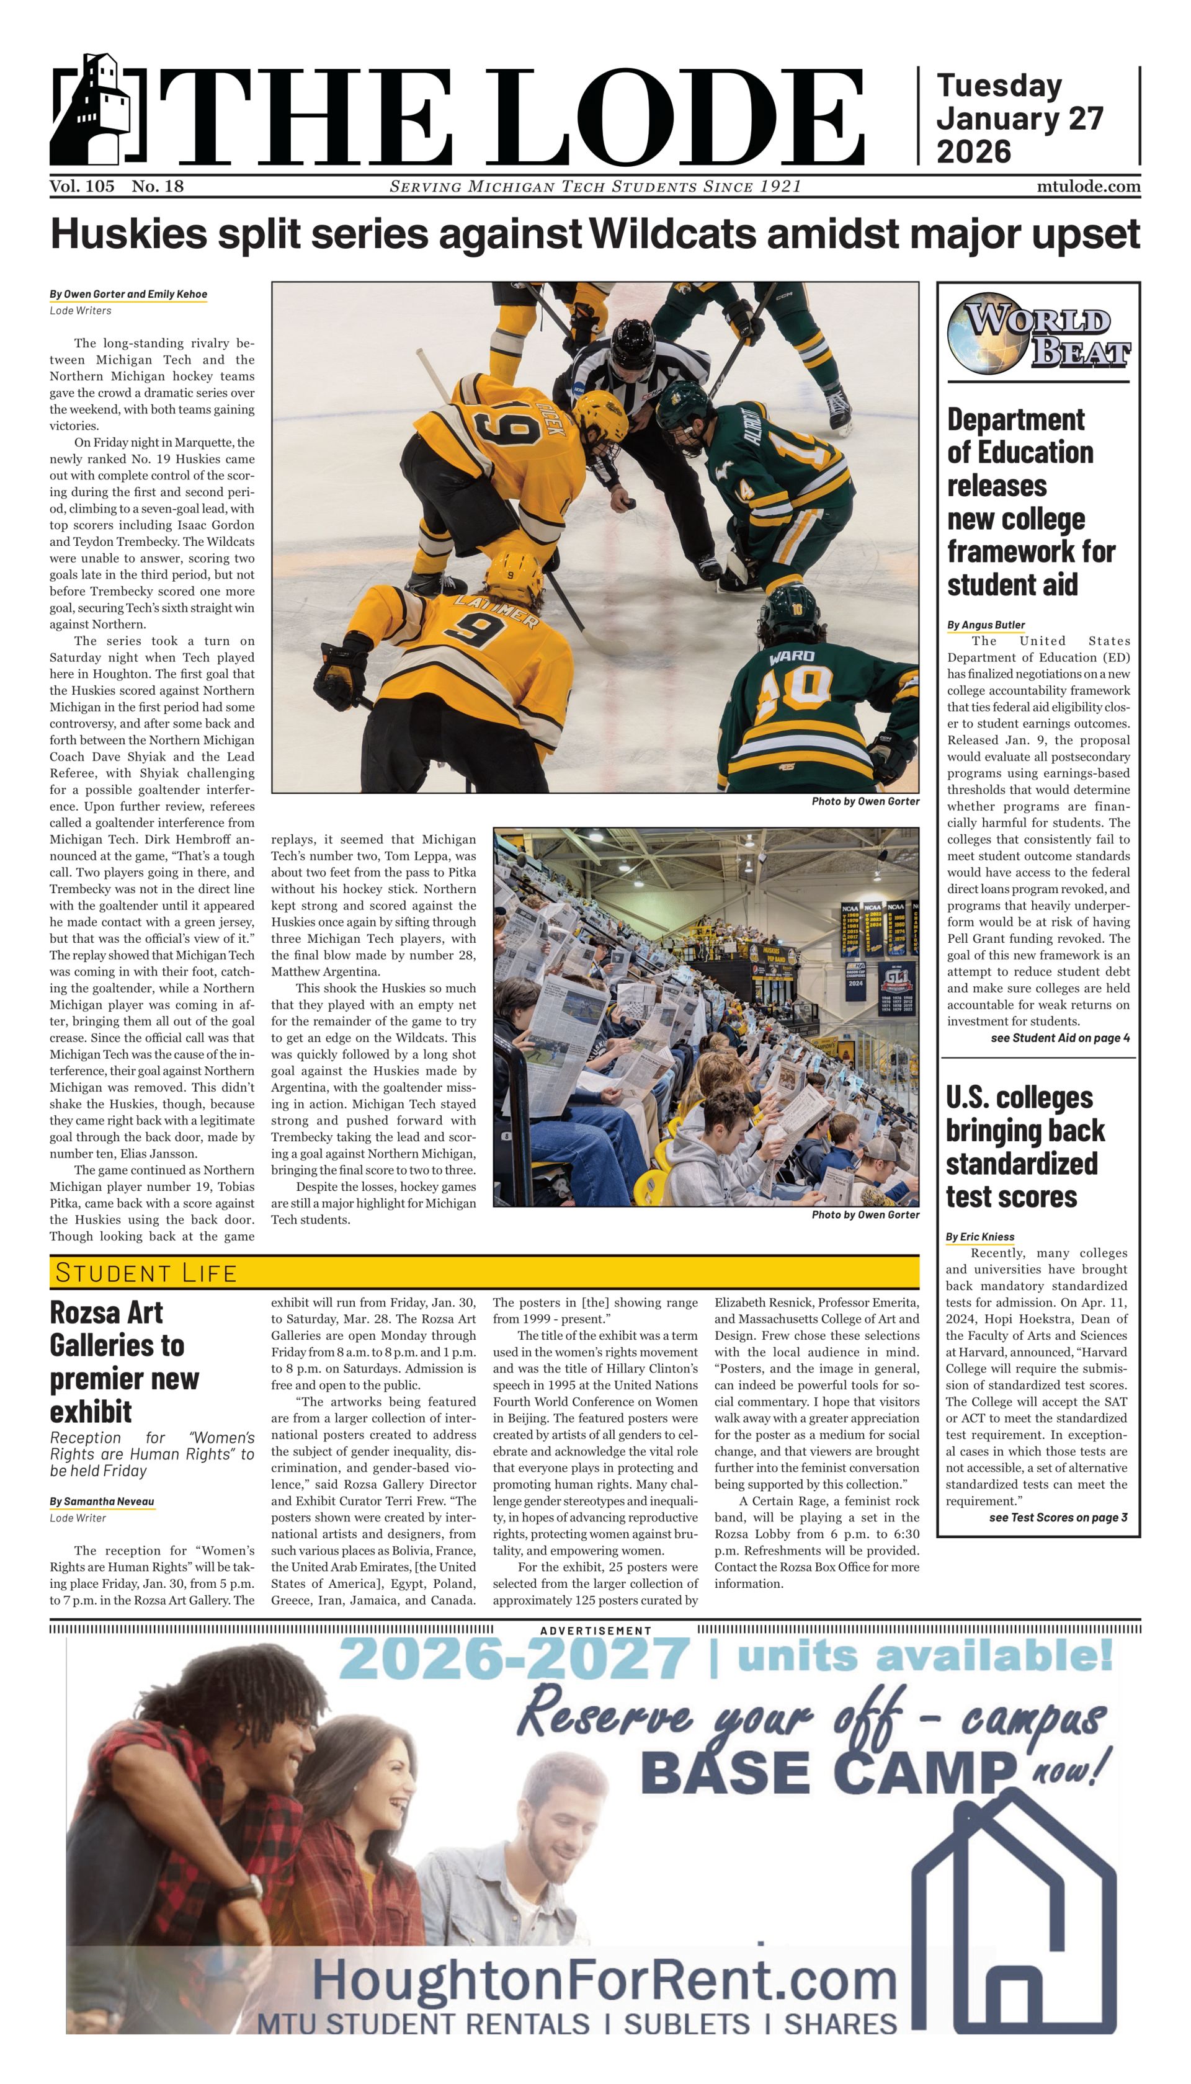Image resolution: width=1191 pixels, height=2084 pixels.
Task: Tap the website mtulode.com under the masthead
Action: click(1088, 187)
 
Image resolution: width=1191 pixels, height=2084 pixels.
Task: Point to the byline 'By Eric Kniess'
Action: click(980, 1237)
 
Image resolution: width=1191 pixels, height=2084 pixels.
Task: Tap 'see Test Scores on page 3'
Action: click(1058, 1517)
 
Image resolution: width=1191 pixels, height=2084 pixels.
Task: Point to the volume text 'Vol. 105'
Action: click(82, 187)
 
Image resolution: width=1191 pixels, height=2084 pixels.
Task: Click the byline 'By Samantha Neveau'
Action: click(102, 1502)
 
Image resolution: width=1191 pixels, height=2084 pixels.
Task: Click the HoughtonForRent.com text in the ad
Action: click(605, 1979)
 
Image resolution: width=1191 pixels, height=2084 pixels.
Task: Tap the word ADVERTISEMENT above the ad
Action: click(595, 1631)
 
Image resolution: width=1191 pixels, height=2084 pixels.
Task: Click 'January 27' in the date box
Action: click(1019, 118)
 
